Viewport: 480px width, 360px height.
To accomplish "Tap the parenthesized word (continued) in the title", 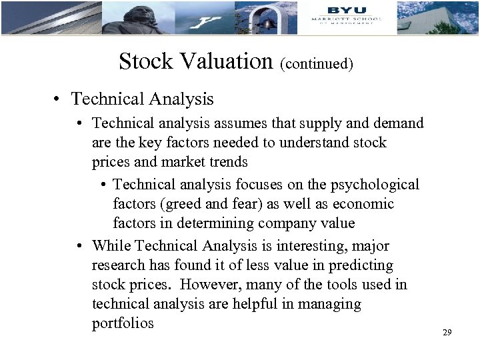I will point(317,64).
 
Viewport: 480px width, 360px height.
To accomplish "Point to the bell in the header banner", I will point(266,23).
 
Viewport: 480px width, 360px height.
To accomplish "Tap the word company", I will point(294,223).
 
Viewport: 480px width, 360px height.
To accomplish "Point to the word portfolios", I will point(123,323).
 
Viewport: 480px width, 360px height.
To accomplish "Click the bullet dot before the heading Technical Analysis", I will point(60,99).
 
